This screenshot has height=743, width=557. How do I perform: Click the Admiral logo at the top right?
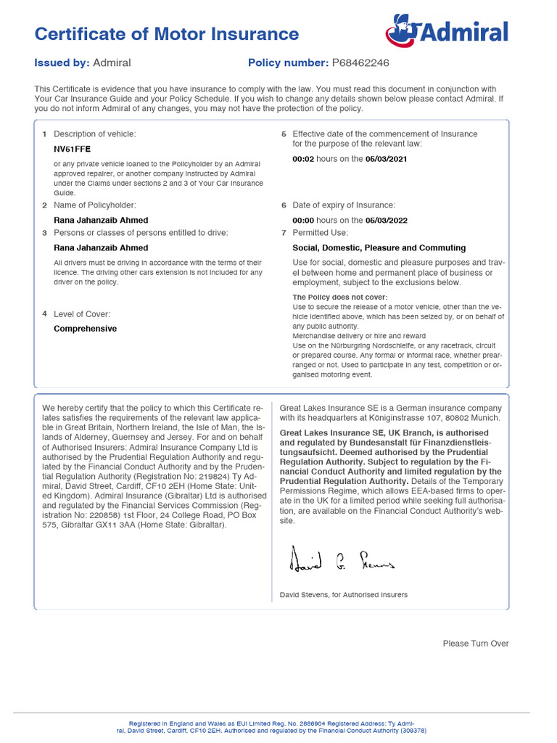(x=447, y=32)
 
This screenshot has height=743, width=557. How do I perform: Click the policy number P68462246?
(x=360, y=63)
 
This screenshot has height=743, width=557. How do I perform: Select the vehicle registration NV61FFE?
(x=73, y=149)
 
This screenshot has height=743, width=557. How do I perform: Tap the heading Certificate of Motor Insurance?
(x=167, y=34)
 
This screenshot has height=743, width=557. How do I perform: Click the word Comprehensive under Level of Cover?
(x=85, y=329)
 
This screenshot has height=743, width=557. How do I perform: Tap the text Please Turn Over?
(x=476, y=644)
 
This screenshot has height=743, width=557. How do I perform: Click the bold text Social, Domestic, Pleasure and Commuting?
(x=379, y=248)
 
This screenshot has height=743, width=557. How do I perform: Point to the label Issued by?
(x=62, y=63)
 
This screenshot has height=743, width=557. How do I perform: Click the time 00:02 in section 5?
(x=302, y=159)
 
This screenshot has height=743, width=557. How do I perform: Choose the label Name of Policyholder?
(x=94, y=205)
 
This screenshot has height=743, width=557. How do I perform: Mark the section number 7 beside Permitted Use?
(x=284, y=233)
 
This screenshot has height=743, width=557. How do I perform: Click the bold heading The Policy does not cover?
(x=339, y=297)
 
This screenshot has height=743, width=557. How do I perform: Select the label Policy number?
(x=288, y=63)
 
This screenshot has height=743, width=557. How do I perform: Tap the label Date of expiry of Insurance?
(x=344, y=205)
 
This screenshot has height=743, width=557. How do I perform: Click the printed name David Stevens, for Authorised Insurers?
(x=343, y=595)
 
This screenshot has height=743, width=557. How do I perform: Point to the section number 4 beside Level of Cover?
(x=44, y=313)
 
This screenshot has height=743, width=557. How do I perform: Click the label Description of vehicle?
(x=94, y=134)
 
